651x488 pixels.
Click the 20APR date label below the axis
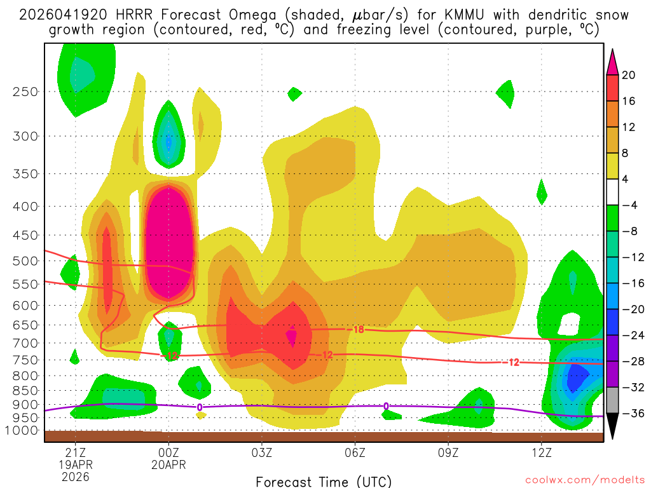click(168, 464)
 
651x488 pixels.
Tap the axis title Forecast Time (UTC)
click(324, 481)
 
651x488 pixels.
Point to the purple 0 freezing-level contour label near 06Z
click(386, 406)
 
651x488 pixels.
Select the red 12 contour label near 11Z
click(514, 362)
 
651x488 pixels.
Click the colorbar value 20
click(629, 75)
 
